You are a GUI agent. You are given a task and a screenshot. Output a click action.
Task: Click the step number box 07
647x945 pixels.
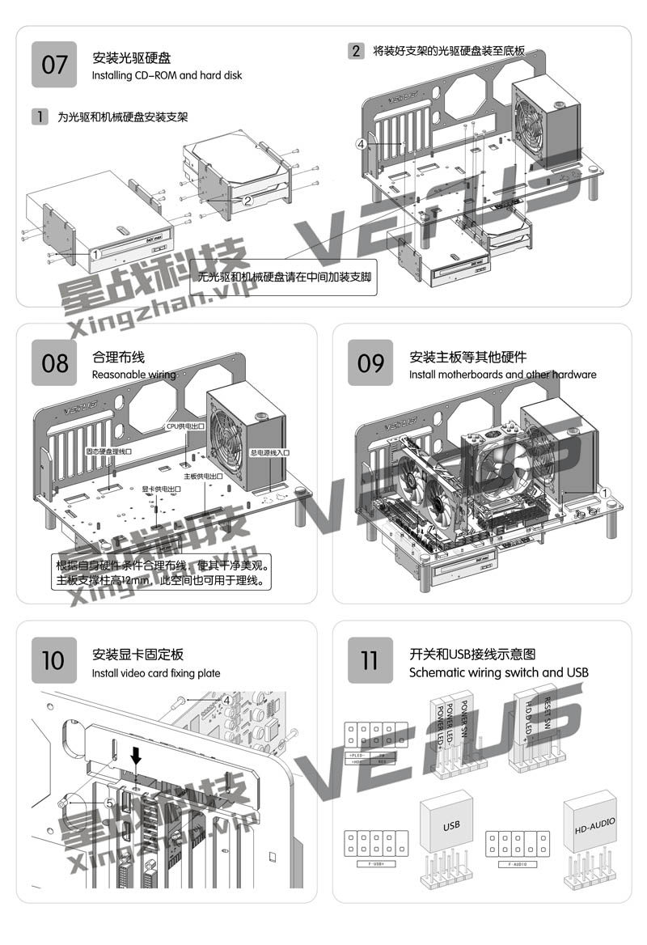54,64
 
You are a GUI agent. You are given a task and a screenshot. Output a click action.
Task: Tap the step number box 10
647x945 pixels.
54,659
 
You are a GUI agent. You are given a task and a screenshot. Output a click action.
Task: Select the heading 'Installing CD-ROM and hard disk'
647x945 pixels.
167,75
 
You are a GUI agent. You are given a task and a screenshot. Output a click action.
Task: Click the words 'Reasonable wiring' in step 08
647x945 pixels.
133,375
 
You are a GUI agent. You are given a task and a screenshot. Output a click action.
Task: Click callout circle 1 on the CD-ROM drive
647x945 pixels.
95,253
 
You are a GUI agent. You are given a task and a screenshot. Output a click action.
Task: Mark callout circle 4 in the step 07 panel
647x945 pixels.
361,143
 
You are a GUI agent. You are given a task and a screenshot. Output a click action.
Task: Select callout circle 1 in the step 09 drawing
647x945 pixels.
604,492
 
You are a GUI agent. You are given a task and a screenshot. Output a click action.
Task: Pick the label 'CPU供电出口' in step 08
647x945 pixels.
185,425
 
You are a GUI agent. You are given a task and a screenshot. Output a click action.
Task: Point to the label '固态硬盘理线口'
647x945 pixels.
108,452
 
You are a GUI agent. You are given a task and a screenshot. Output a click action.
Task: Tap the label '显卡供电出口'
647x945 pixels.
160,489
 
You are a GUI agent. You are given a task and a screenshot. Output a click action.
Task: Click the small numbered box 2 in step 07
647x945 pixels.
356,50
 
